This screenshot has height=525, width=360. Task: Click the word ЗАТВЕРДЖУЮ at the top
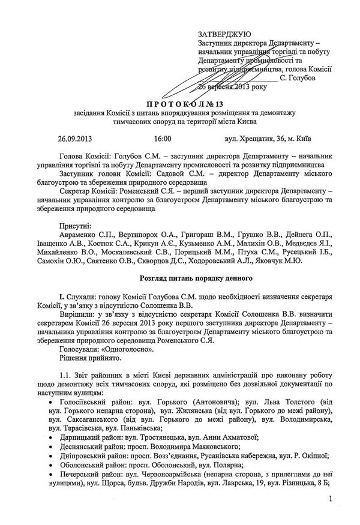coord(224,34)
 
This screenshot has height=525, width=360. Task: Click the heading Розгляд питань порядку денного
coord(191,278)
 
